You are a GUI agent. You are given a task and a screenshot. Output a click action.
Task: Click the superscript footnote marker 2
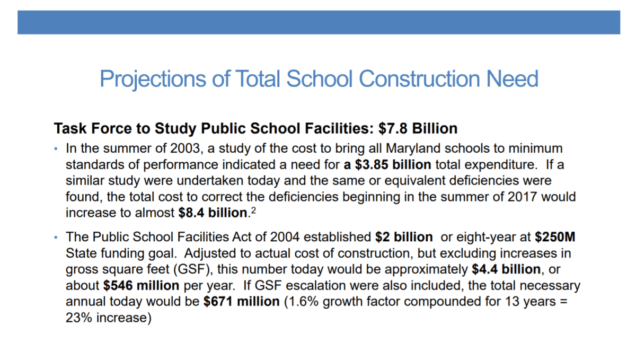(253, 210)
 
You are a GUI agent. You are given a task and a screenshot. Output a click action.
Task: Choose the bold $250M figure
(555, 236)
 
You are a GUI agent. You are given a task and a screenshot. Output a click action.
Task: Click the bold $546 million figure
(141, 286)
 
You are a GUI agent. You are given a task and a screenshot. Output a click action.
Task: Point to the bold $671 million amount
(241, 302)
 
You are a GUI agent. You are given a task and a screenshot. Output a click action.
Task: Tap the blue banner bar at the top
(318, 22)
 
